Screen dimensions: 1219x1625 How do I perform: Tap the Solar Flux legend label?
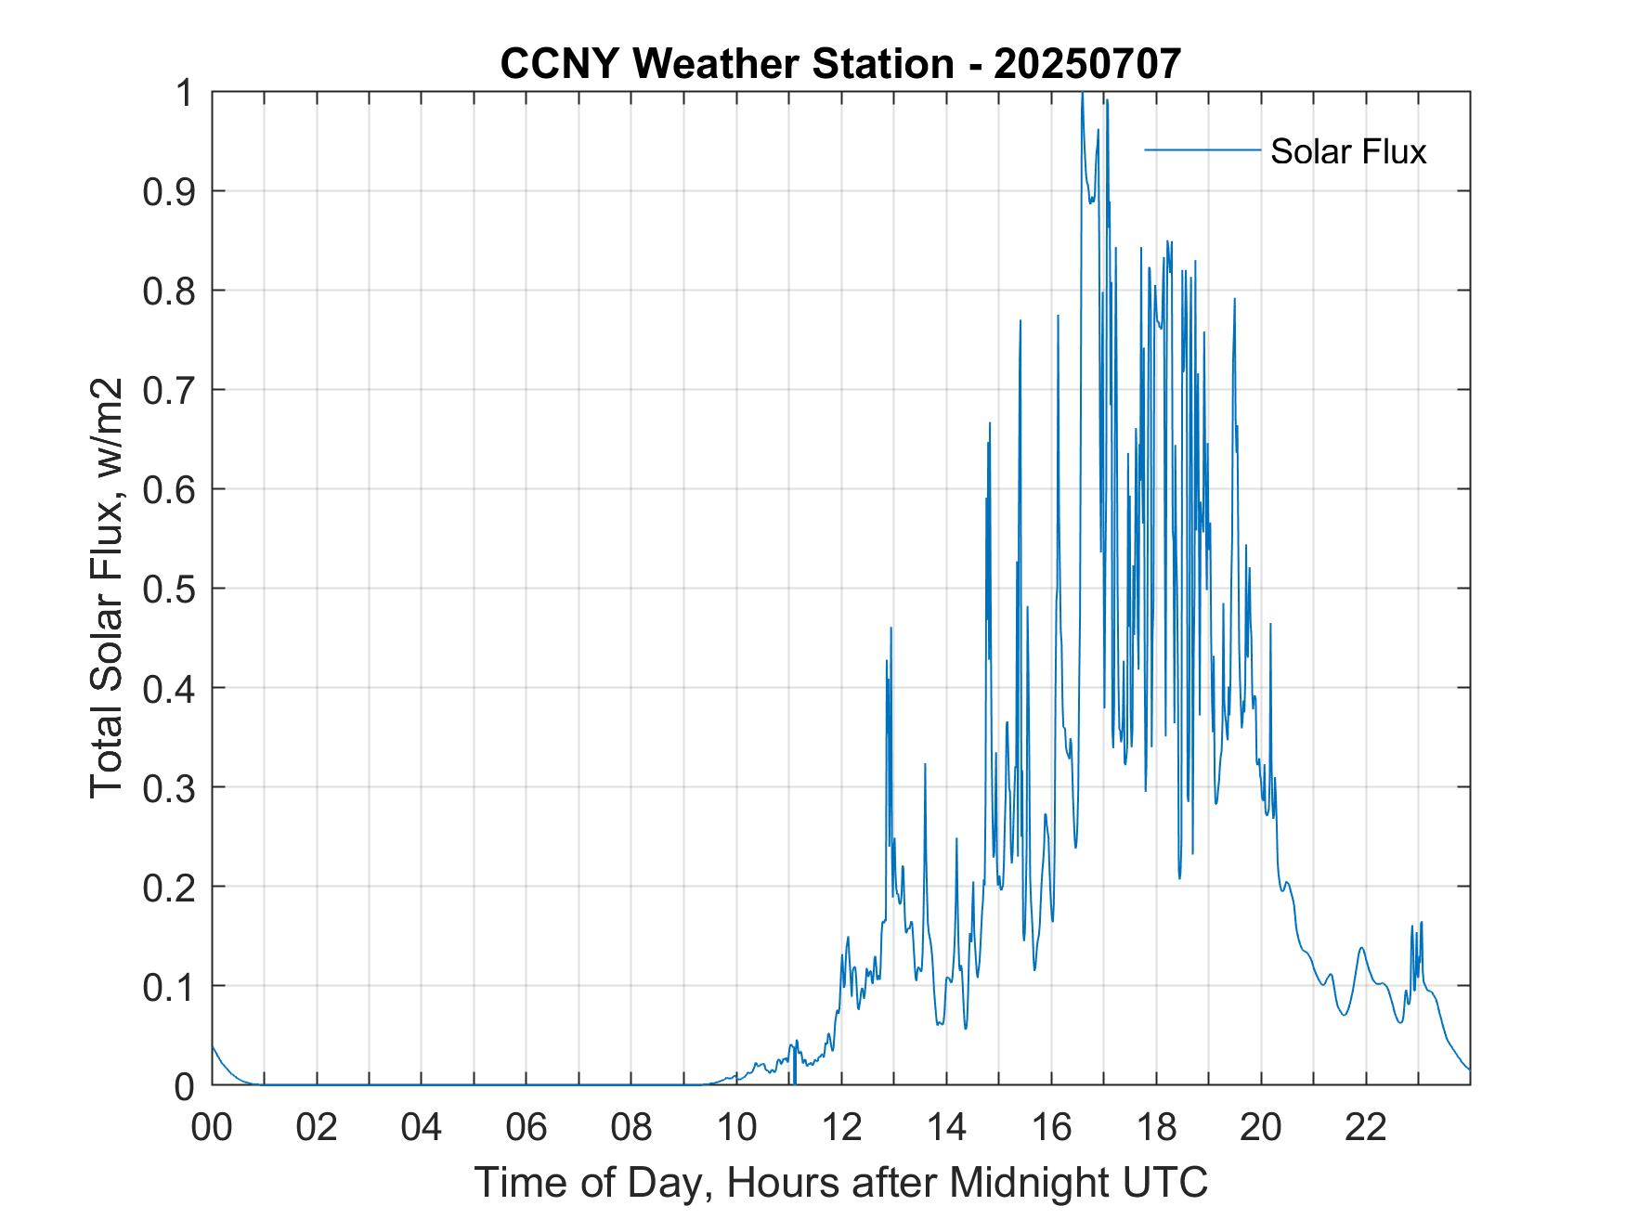click(1347, 151)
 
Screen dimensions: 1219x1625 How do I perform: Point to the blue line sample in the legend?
click(1202, 149)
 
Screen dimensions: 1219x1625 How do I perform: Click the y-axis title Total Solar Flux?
click(108, 588)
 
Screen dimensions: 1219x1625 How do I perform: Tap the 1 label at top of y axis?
click(185, 93)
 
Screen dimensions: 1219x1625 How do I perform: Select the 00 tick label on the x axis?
click(212, 1127)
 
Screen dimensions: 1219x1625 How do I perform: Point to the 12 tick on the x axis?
click(841, 1127)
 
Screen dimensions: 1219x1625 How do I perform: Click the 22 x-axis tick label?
click(1366, 1127)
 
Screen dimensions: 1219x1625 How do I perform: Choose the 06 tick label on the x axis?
click(526, 1127)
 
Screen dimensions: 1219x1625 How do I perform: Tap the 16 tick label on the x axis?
click(1051, 1127)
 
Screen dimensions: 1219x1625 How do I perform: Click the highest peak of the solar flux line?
click(1083, 96)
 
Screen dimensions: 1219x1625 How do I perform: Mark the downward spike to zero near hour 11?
click(794, 1077)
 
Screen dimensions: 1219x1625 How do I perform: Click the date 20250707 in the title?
click(1087, 63)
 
